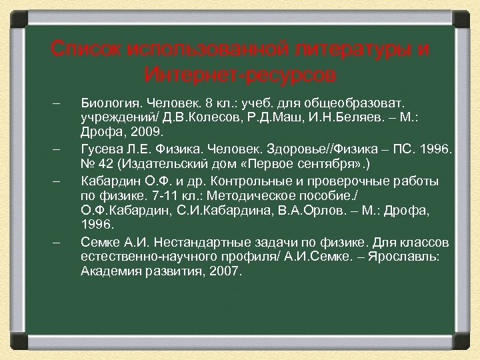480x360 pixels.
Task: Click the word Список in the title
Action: coord(85,49)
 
